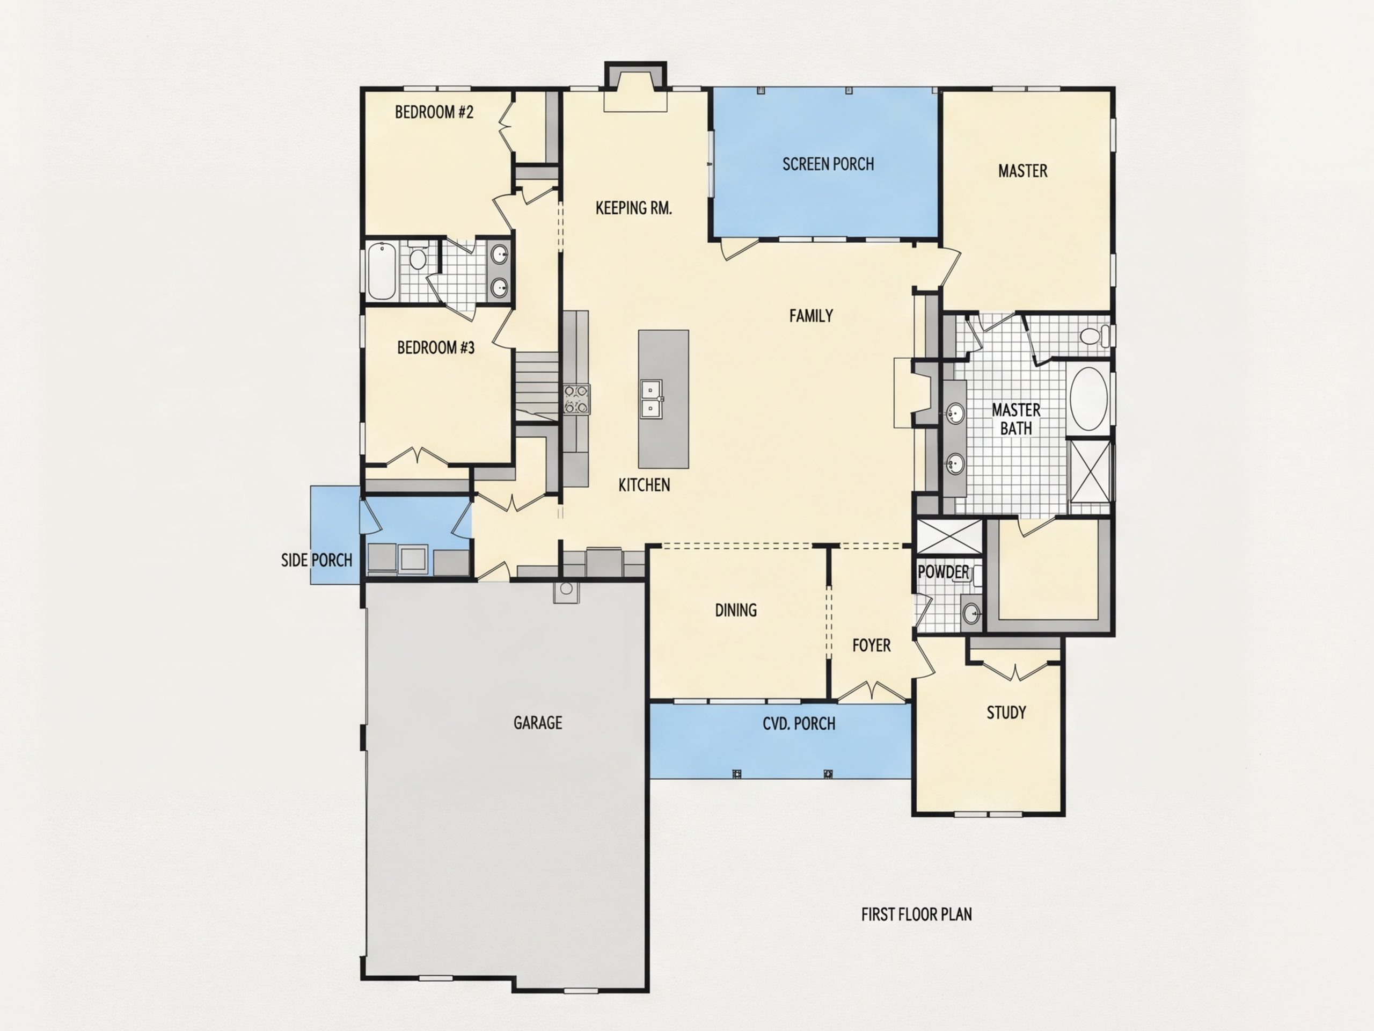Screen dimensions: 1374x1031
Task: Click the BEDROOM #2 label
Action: pyautogui.click(x=434, y=112)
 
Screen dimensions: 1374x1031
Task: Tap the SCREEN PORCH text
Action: pyautogui.click(x=828, y=164)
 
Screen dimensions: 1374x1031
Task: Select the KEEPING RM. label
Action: pyautogui.click(x=633, y=208)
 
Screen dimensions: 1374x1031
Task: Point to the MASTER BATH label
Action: pyautogui.click(x=1015, y=419)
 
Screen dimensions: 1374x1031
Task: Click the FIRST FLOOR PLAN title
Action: pyautogui.click(x=916, y=914)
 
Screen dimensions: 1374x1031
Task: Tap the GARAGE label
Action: pyautogui.click(x=538, y=723)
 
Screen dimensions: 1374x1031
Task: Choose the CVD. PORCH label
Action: pyautogui.click(x=799, y=723)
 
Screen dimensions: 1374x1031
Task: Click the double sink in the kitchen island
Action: pyautogui.click(x=651, y=398)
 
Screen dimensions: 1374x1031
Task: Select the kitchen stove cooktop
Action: pyautogui.click(x=576, y=399)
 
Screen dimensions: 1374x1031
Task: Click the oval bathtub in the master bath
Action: pyautogui.click(x=1089, y=399)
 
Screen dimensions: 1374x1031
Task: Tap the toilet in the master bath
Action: pyautogui.click(x=1094, y=336)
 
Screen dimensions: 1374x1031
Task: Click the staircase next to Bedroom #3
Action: pyautogui.click(x=537, y=386)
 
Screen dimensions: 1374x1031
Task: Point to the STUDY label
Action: pyautogui.click(x=1006, y=712)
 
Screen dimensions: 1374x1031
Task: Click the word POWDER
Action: pyautogui.click(x=943, y=572)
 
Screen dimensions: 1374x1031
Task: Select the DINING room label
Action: pyautogui.click(x=736, y=610)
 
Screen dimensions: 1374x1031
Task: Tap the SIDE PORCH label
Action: pyautogui.click(x=317, y=560)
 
